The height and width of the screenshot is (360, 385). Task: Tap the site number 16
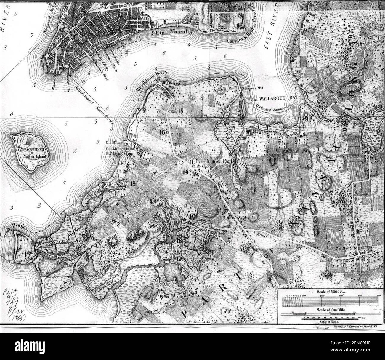pos(162,132)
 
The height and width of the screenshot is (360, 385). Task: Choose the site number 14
pos(186,172)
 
